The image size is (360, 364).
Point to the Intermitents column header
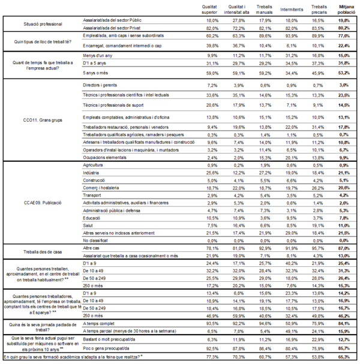292,8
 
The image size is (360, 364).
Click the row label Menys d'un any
97,55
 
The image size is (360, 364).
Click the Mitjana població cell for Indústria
344,172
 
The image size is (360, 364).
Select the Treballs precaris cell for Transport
319,195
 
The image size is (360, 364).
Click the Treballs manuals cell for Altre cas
264,246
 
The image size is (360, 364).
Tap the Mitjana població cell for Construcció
344,180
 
